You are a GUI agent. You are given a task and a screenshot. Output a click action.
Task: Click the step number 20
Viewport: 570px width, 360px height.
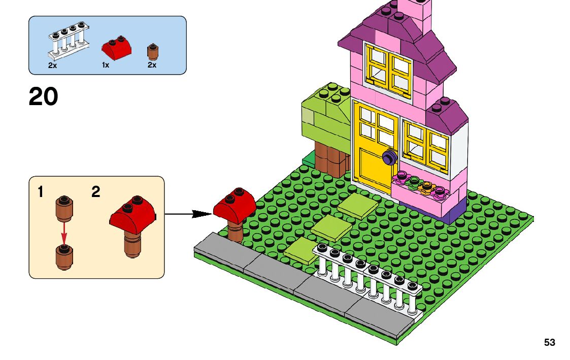coord(44,96)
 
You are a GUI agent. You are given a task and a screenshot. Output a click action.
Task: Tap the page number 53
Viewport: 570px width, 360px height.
coord(549,343)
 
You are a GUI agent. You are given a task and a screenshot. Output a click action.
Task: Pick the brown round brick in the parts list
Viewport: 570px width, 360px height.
coord(152,51)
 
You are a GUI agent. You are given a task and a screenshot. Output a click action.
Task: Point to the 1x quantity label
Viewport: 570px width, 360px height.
coord(106,66)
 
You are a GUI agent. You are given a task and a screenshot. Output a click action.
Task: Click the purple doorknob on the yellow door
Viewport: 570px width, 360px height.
coord(389,157)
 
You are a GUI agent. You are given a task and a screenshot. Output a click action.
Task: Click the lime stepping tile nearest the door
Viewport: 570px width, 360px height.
coord(358,205)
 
